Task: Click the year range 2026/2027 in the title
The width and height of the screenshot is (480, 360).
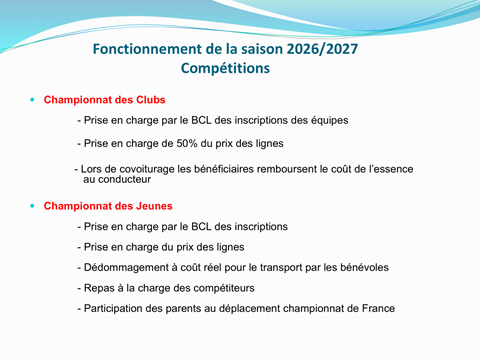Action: [322, 49]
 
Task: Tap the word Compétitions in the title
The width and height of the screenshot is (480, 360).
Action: [225, 69]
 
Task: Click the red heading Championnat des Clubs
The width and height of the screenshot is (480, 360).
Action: [104, 100]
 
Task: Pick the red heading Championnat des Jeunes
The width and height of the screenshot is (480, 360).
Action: [108, 206]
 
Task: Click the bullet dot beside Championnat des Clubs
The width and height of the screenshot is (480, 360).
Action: [32, 100]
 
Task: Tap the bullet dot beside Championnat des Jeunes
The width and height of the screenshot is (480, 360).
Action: [32, 206]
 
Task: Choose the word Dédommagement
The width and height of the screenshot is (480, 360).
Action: [126, 268]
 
